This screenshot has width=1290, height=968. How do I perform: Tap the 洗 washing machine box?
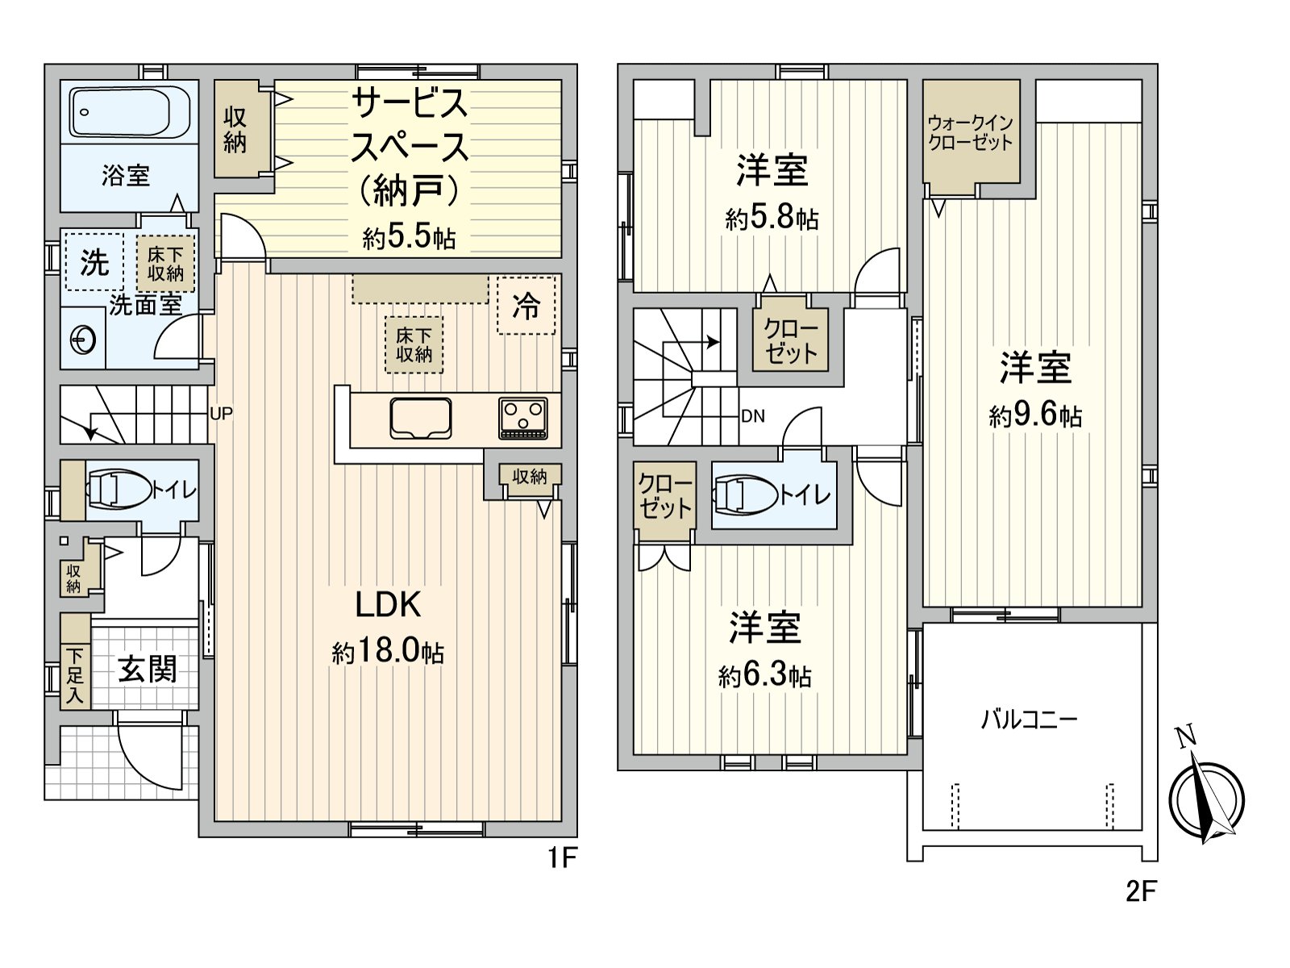point(94,262)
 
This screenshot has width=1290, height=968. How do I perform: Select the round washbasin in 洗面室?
point(82,340)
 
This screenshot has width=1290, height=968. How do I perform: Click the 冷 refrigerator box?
point(526,306)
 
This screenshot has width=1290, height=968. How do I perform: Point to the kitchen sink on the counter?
point(421,419)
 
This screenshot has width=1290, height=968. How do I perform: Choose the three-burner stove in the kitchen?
point(523,418)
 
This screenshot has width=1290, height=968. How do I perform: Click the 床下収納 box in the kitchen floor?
point(414,345)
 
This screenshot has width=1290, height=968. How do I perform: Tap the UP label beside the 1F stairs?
point(222,415)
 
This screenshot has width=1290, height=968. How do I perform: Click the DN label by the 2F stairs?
point(753,417)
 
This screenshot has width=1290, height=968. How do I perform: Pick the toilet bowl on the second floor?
point(745,495)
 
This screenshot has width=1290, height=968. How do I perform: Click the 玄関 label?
point(148,669)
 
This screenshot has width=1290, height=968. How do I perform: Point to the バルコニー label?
point(1029,720)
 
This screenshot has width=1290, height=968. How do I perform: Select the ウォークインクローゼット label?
point(970,133)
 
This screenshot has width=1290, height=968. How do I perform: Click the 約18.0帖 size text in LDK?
point(388,653)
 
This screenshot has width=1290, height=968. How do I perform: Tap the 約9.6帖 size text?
point(1035,416)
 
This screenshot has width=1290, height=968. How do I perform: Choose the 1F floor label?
point(563,858)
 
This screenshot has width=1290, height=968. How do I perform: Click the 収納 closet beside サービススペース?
point(235,129)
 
